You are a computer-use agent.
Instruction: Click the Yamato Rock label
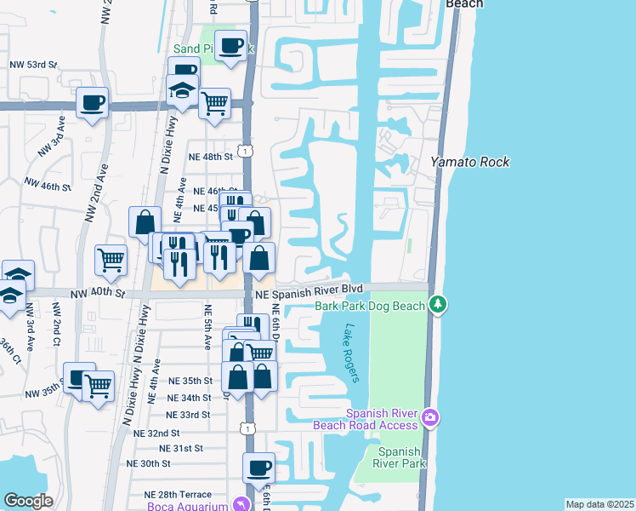pyautogui.click(x=469, y=162)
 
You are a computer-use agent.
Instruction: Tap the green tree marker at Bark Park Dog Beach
pyautogui.click(x=438, y=304)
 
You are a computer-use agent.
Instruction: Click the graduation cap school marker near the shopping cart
pyautogui.click(x=183, y=89)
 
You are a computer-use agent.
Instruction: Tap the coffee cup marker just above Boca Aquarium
pyautogui.click(x=258, y=467)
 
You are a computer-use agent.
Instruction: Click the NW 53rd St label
pyautogui.click(x=35, y=64)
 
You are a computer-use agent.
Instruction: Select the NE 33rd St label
pyautogui.click(x=188, y=415)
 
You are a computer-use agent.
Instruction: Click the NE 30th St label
pyautogui.click(x=148, y=463)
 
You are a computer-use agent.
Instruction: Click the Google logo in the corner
pyautogui.click(x=28, y=501)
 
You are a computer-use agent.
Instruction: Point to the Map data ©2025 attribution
pyautogui.click(x=599, y=504)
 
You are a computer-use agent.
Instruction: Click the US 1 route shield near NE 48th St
pyautogui.click(x=244, y=151)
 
